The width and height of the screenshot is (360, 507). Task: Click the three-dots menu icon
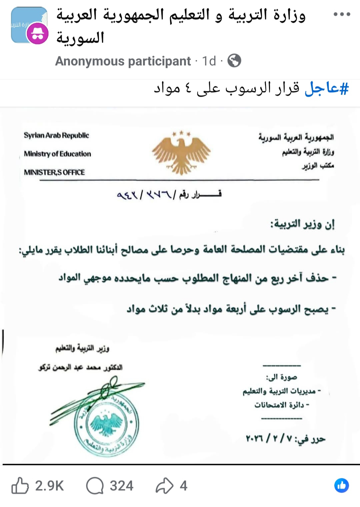(x=342, y=14)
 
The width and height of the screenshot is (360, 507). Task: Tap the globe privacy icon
(x=234, y=61)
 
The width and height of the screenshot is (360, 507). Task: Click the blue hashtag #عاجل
(x=327, y=89)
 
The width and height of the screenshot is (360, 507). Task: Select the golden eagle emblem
(x=181, y=152)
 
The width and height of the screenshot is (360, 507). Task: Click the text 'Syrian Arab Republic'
(x=56, y=136)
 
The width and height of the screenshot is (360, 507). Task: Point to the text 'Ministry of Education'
(x=57, y=154)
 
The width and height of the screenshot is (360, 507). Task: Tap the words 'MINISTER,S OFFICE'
(x=54, y=172)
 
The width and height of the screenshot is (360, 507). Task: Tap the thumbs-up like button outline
(x=20, y=486)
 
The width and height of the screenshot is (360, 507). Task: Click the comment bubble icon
(x=95, y=486)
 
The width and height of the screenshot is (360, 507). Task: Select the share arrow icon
(x=165, y=486)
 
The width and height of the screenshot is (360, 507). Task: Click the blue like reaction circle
(x=341, y=485)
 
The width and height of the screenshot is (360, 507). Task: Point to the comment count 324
(x=122, y=486)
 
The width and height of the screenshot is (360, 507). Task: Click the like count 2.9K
(x=49, y=486)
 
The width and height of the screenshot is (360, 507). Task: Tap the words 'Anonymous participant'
(x=123, y=61)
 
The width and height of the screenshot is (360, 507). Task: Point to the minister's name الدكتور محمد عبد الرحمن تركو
(x=80, y=367)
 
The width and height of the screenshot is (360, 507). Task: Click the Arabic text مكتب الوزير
(x=318, y=166)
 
